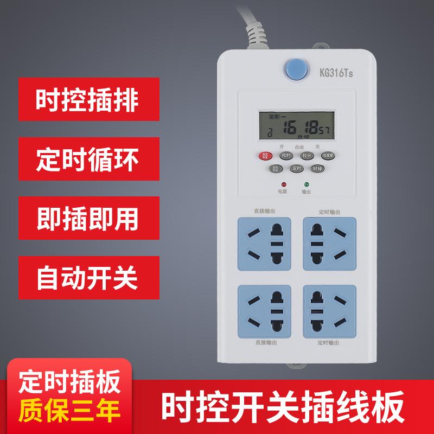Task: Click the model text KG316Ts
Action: (x=336, y=72)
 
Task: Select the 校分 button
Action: (x=307, y=156)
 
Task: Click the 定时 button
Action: (x=296, y=169)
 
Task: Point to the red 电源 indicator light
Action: (x=283, y=184)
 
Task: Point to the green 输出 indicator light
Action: (x=307, y=184)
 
